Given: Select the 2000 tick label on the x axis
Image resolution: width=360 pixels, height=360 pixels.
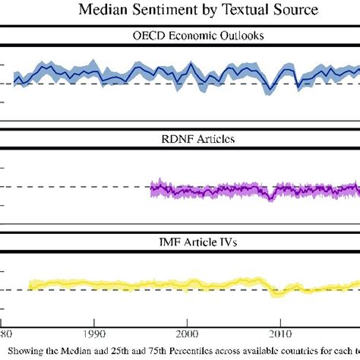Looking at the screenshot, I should pos(187,333).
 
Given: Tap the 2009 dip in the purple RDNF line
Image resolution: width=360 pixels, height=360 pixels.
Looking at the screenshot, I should pos(270,198).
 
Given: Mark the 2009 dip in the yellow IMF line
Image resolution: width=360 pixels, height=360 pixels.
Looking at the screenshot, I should pos(278,293).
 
